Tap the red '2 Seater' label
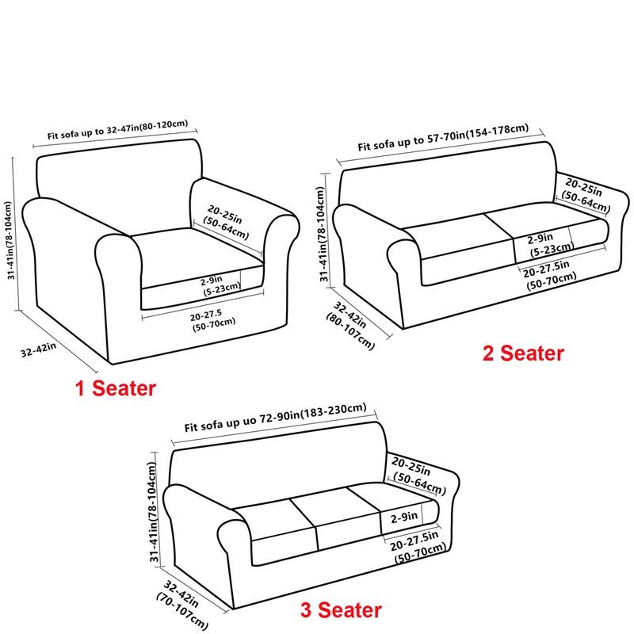coord(524,353)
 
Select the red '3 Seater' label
coord(340,610)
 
